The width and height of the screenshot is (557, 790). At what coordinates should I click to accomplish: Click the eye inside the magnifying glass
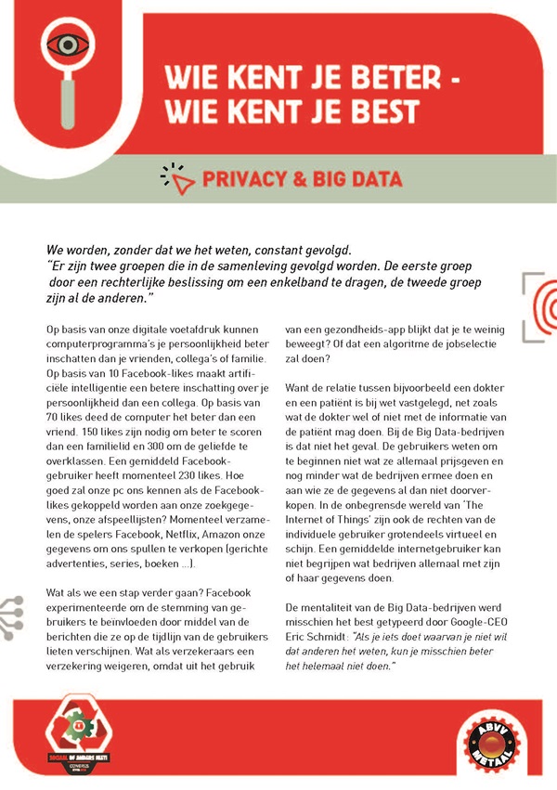click(65, 43)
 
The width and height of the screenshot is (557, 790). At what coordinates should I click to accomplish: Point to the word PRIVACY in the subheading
click(241, 179)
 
